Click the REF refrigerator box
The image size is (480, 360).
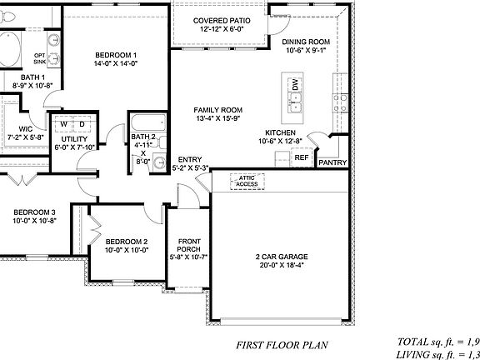302,157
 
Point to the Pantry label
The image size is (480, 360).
332,162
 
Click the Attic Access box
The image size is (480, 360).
247,180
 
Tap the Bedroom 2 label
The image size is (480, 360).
127,245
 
